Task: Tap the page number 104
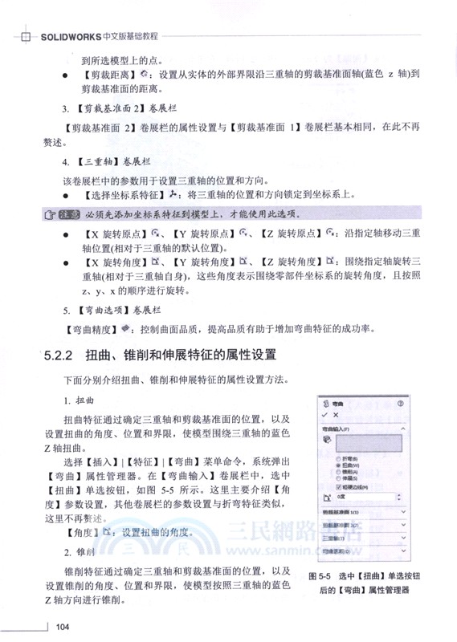[65, 627]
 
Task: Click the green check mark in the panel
[325, 416]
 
